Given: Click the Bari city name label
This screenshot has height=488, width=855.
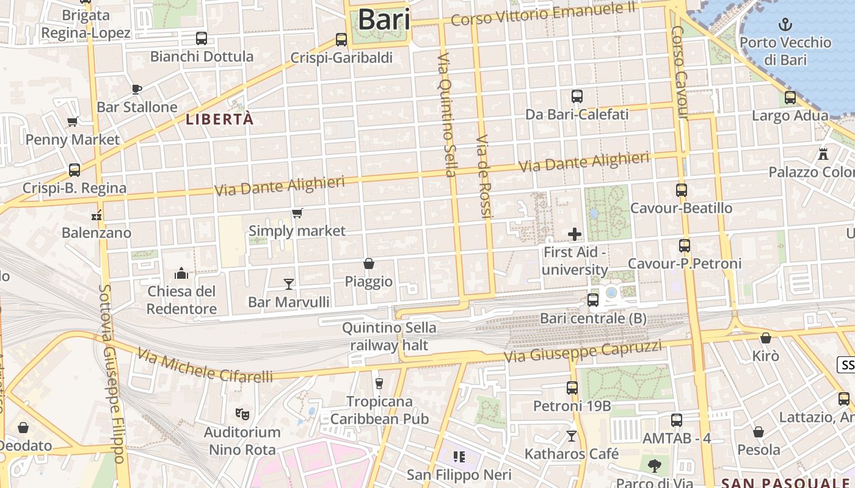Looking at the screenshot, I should coord(384,19).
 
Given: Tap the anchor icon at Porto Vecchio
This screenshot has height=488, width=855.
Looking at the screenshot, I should coord(785,24).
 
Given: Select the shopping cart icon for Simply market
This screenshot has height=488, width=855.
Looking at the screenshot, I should coord(297,213).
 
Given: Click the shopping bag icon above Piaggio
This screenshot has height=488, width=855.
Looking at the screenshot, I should coord(369,264).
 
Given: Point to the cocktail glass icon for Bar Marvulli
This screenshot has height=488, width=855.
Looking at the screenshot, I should coord(289,284).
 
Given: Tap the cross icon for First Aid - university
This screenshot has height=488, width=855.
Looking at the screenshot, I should coord(574,234).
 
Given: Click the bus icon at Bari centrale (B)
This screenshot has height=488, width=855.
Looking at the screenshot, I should coord(592,300).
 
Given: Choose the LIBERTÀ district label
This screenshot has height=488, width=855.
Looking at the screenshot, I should coord(220,120).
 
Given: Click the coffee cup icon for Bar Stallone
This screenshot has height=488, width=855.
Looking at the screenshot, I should coord(137,89).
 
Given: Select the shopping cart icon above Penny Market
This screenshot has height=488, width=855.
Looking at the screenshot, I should coord(73,121).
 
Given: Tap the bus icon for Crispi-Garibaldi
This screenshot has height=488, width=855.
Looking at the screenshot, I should coord(341,40).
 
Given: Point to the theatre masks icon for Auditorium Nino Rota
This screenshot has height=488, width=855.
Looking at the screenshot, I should coord(242,414).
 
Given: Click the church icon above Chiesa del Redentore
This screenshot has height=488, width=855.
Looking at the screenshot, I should coord(181,273).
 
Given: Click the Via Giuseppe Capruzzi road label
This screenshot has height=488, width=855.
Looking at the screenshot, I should coord(583,352).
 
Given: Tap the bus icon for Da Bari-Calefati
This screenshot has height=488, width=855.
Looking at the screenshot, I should coord(577,96).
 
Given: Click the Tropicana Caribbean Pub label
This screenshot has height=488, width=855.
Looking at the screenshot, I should coord(379,410).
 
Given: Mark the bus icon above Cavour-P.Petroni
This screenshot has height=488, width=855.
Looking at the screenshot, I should coord(685,246).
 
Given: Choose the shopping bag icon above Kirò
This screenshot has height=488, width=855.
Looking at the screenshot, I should coord(766,337).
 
